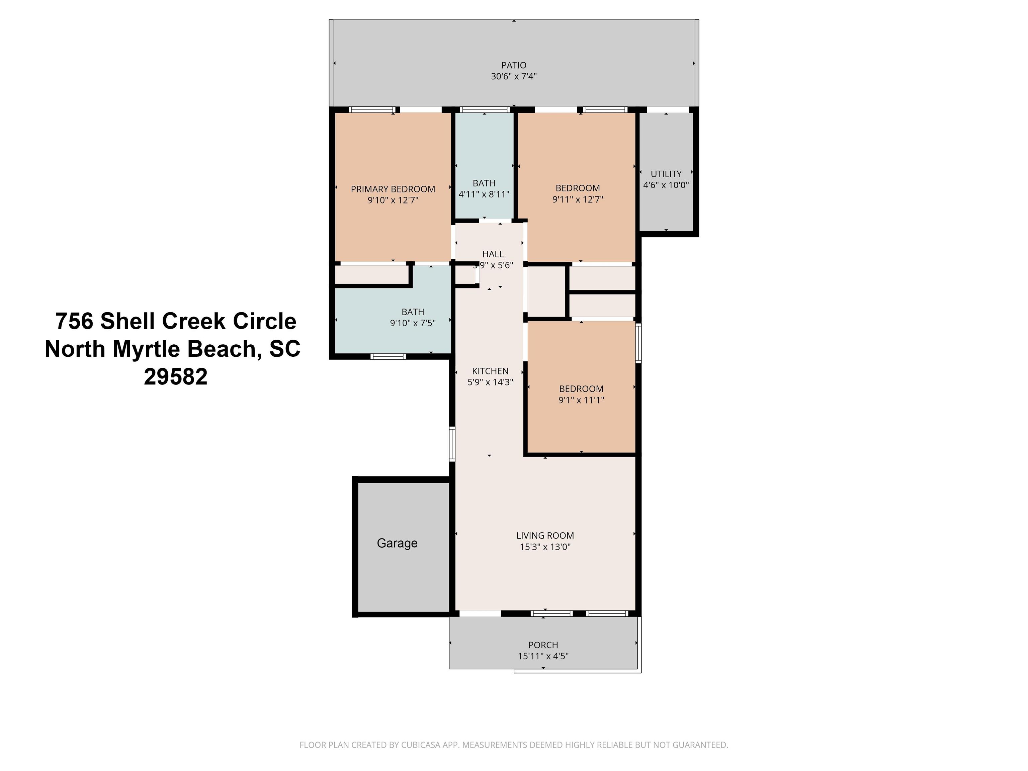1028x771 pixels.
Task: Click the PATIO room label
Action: pyautogui.click(x=514, y=66)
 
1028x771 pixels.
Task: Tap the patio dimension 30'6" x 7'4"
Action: pyautogui.click(x=514, y=76)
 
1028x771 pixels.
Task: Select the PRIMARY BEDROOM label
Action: pyautogui.click(x=393, y=189)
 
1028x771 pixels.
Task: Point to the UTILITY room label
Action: pyautogui.click(x=666, y=174)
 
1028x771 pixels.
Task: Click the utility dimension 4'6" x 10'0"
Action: pyautogui.click(x=666, y=185)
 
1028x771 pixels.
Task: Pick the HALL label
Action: pyautogui.click(x=493, y=254)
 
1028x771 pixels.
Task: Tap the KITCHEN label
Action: pyautogui.click(x=490, y=371)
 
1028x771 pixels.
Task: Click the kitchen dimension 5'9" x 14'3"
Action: pyautogui.click(x=490, y=382)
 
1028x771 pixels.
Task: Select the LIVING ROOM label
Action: pyautogui.click(x=545, y=535)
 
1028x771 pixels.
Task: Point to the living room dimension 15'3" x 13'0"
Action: pyautogui.click(x=545, y=546)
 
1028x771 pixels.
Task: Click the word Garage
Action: pyautogui.click(x=397, y=543)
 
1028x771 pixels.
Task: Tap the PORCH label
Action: pyautogui.click(x=543, y=645)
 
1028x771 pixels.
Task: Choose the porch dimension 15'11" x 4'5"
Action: pyautogui.click(x=543, y=656)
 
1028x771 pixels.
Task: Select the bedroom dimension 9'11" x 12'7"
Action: pyautogui.click(x=578, y=199)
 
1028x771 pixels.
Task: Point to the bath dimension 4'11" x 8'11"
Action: pyautogui.click(x=484, y=194)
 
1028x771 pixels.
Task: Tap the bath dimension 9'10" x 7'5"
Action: pyautogui.click(x=413, y=323)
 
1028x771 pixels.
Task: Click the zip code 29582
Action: pyautogui.click(x=176, y=377)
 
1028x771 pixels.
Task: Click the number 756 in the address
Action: pyautogui.click(x=74, y=321)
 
